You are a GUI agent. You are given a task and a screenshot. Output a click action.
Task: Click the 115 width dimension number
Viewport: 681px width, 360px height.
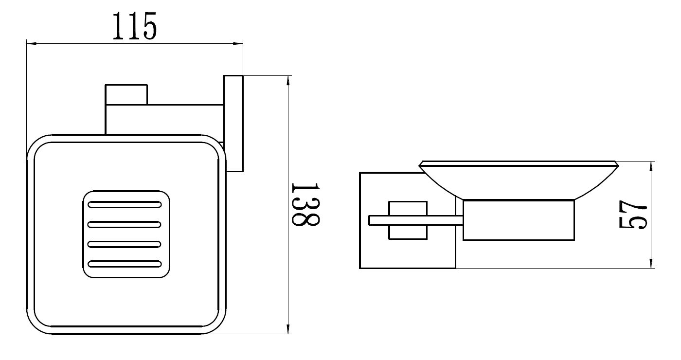135,26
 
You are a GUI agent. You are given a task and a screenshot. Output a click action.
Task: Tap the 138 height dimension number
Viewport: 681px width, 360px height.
305,204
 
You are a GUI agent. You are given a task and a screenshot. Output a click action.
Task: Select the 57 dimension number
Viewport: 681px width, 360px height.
633,214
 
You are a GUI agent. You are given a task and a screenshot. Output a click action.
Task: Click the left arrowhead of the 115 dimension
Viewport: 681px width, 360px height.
32,44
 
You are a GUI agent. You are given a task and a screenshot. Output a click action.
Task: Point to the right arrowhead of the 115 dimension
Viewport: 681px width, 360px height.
238,44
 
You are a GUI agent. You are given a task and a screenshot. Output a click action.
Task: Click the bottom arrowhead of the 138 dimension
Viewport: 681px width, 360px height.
288,329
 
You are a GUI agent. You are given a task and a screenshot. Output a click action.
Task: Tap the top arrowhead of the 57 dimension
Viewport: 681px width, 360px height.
651,166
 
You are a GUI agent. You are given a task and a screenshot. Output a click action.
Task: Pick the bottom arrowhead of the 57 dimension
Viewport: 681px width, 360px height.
651,263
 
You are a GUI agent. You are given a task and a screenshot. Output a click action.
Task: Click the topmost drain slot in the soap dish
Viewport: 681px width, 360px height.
125,205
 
